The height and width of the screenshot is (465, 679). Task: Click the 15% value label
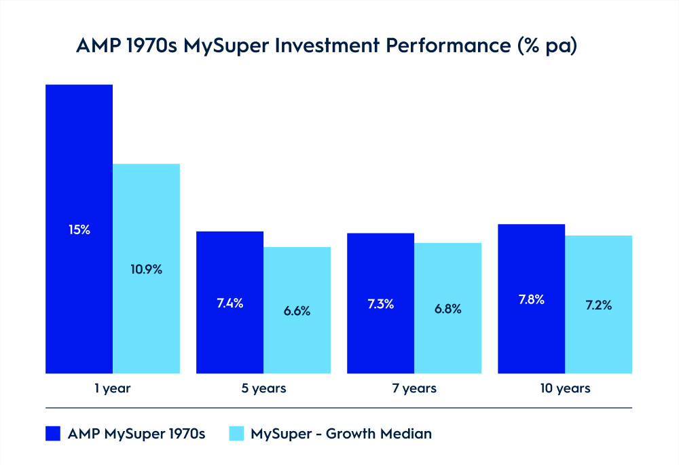79,230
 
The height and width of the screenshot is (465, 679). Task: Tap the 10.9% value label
147,269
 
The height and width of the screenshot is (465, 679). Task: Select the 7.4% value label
230,303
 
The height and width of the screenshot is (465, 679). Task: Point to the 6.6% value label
297,311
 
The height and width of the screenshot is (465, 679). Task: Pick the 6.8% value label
447,309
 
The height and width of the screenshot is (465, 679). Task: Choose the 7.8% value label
531,299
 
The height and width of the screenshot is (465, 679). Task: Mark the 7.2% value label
598,305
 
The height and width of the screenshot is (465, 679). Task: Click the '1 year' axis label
113,389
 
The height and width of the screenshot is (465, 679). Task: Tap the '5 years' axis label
263,389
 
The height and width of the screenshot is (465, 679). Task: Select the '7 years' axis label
414,389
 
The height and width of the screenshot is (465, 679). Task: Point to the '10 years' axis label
565,389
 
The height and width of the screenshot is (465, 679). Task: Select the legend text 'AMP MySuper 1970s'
136,434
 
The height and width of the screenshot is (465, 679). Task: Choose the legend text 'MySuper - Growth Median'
341,434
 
